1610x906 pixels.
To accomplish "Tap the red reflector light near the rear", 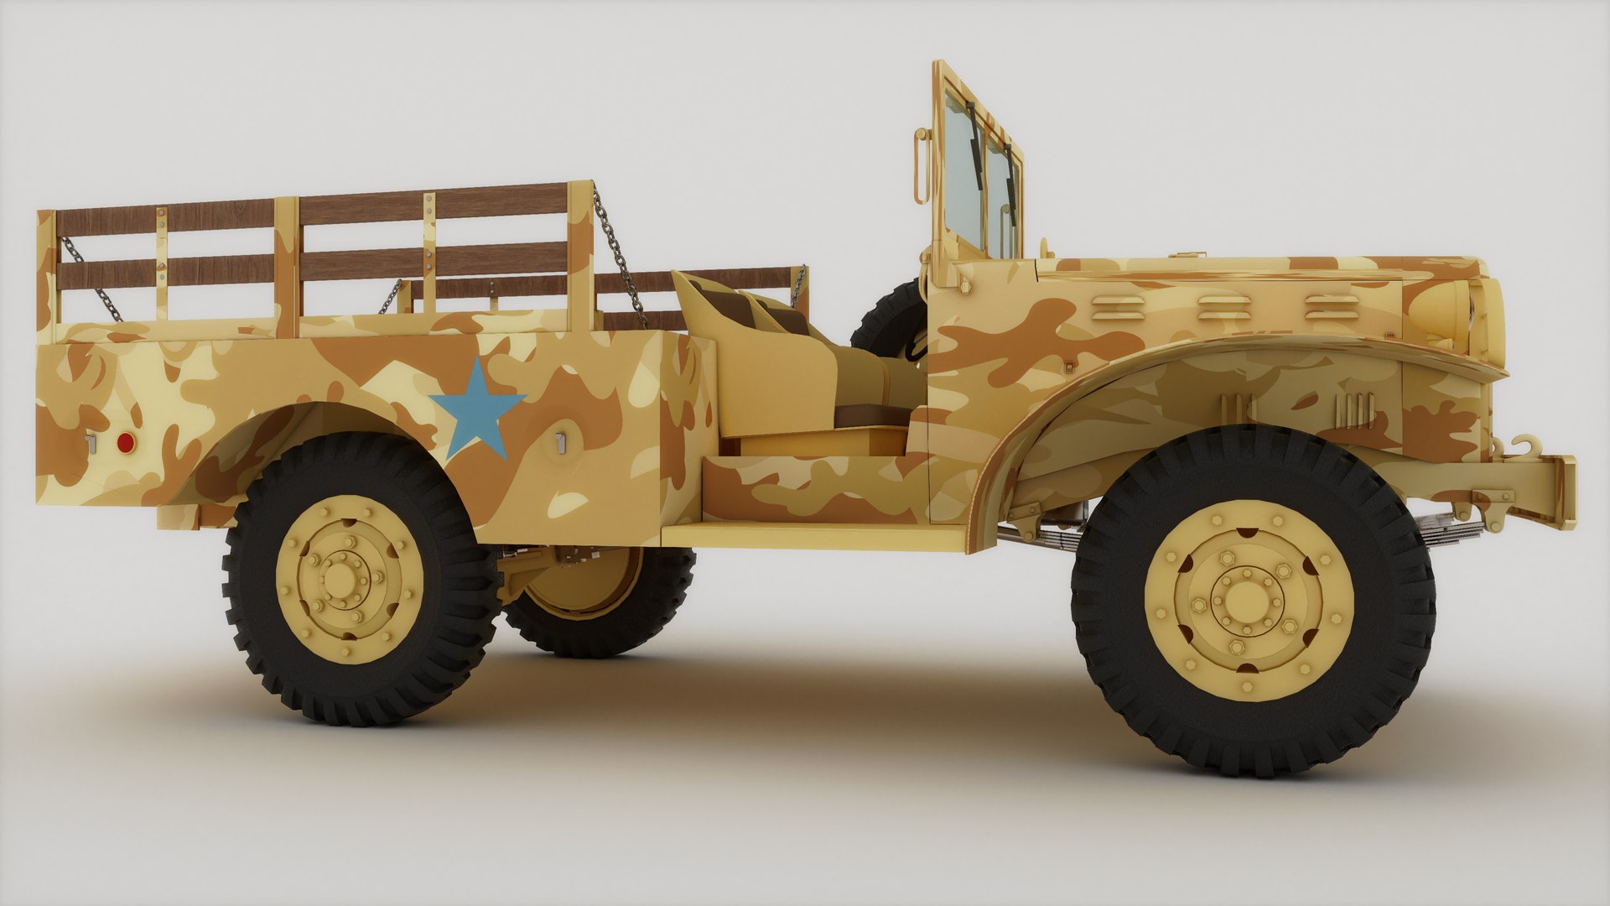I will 125,443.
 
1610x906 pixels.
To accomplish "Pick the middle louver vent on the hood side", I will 1225,308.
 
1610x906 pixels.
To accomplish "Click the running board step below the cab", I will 813,535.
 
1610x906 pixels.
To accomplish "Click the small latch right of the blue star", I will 560,443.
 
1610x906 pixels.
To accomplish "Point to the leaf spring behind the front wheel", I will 1040,537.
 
